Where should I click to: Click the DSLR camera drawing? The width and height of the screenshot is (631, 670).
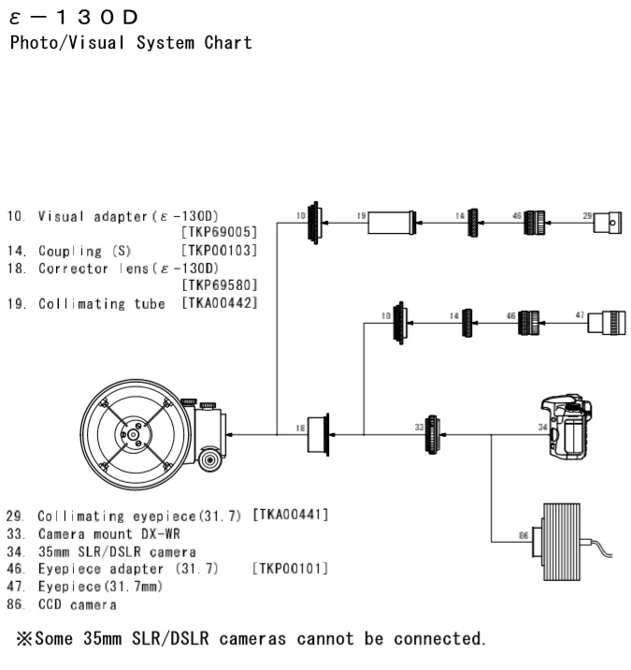pos(566,427)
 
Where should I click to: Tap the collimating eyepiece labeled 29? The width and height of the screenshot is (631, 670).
pos(608,222)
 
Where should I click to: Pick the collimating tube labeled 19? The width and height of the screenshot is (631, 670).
pos(392,222)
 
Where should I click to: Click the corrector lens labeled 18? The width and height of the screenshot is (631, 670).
pos(319,434)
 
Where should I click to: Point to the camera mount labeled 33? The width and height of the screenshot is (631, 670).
pos(432,434)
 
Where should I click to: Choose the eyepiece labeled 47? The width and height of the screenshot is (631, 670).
pos(607,323)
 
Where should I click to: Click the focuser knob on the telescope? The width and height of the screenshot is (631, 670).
pos(209,459)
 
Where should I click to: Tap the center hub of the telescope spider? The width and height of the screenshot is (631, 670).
pos(133,434)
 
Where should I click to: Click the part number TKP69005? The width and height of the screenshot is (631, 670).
pos(220,232)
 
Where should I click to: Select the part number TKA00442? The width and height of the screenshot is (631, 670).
pos(220,303)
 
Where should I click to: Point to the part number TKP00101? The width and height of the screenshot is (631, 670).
pos(291,569)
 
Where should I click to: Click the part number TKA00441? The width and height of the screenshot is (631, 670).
pos(291,515)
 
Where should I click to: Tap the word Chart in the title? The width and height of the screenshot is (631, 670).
pos(228,43)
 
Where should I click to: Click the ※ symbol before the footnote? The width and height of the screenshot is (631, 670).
pos(24,639)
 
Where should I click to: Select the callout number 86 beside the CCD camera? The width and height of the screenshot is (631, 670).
pos(523,535)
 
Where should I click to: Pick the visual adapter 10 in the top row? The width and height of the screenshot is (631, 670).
pos(315,223)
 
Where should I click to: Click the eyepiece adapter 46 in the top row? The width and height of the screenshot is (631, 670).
pos(535,222)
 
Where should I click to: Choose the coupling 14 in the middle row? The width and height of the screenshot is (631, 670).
pos(467,323)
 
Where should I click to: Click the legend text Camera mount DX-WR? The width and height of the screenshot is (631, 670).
pos(108,534)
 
